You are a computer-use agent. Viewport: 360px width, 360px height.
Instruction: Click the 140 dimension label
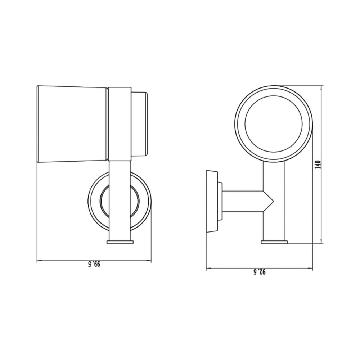(x=318, y=165)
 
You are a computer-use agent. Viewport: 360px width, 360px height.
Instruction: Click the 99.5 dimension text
(x=94, y=264)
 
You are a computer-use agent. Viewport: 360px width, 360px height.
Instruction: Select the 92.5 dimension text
(x=260, y=272)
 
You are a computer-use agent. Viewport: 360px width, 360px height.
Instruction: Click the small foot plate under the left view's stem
(x=120, y=242)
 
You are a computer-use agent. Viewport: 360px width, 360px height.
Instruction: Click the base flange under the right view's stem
(x=274, y=242)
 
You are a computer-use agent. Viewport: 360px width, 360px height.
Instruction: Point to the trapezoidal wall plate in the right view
(x=212, y=201)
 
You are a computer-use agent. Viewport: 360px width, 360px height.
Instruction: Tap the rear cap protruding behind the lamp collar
(x=139, y=124)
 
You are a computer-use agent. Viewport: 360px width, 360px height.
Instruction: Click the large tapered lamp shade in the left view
(x=72, y=124)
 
